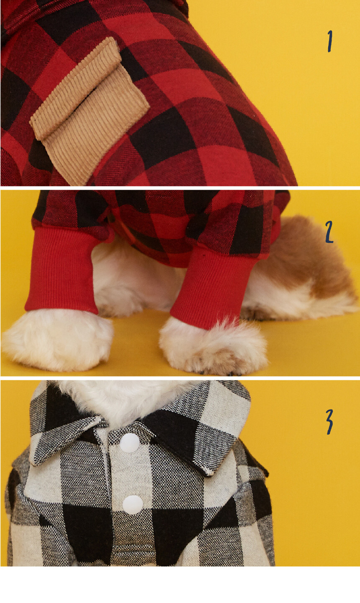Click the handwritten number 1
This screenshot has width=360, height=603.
tap(330, 41)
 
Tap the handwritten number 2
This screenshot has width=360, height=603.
tap(329, 232)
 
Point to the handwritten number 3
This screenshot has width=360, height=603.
tap(329, 422)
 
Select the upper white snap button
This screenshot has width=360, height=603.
tap(130, 443)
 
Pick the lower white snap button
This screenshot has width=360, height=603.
tap(132, 505)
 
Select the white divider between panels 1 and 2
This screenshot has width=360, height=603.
tap(180, 188)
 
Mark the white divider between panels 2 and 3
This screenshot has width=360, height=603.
tap(180, 378)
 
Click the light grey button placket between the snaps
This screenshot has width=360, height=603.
tap(131, 474)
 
